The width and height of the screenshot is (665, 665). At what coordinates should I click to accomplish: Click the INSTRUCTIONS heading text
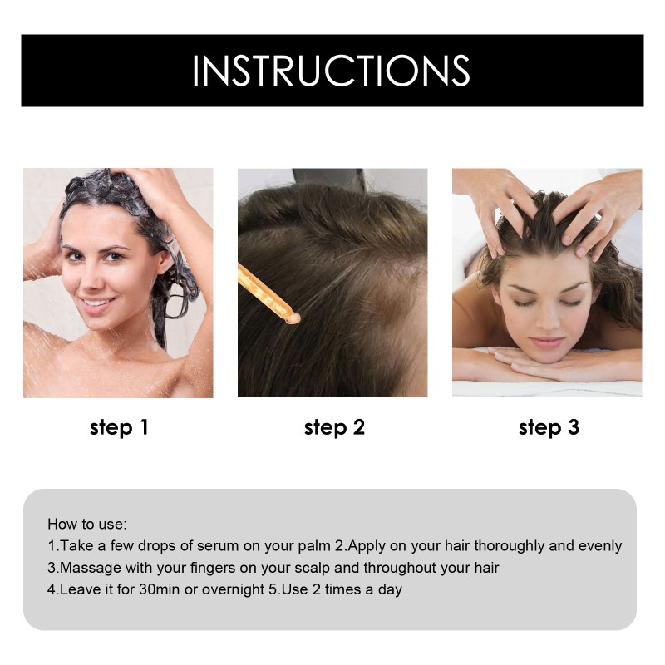pos(331,71)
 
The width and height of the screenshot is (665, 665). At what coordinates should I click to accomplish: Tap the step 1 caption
pos(119,428)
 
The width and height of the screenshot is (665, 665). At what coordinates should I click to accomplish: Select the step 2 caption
pos(334,428)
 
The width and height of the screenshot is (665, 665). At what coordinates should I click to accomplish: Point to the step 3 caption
pos(549,428)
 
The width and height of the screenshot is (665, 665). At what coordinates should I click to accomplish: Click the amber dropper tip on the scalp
pos(290,316)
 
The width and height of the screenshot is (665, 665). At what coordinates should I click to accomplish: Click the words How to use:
pos(87,525)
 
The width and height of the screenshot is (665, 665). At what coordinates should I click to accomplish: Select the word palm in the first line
pos(311,546)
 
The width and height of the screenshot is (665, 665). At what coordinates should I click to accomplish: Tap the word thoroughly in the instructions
pos(515,546)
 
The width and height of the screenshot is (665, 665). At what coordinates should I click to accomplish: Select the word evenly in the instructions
pos(601,546)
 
